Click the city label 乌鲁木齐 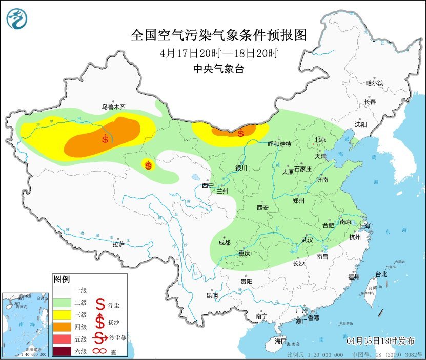coord(113,107)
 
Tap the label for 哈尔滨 coord(374,83)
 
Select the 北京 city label coord(320,139)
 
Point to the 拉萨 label coord(118,244)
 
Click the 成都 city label coord(225,243)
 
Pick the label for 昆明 coord(212,295)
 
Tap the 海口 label coord(280,341)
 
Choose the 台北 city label coord(381,274)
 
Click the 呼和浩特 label coord(280,144)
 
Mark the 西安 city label coord(262,208)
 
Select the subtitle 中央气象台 coord(218,69)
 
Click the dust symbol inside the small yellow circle coord(148,165)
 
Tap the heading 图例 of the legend coord(62,279)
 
